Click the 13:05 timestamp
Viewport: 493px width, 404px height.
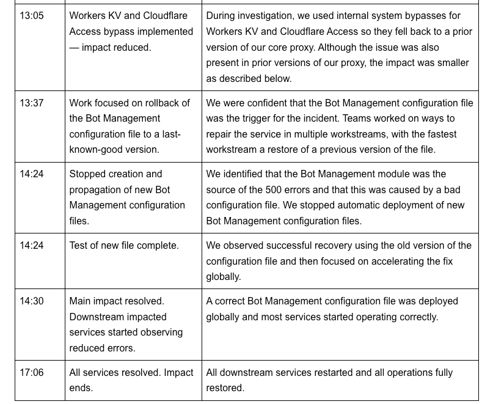32,15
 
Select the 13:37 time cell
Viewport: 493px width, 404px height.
32,103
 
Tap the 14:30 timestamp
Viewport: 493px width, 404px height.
32,301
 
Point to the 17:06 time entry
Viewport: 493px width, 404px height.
32,372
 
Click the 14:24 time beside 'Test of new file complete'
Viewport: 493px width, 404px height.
32,245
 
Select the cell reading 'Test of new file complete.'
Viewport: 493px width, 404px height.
124,245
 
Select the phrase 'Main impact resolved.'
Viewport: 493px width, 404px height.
117,301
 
